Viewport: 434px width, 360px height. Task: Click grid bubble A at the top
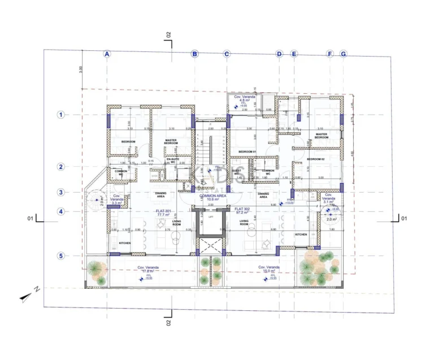click(106, 54)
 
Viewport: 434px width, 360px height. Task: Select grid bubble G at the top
click(343, 54)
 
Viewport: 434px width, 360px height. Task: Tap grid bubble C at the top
click(227, 54)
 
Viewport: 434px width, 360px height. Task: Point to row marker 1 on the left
click(60, 115)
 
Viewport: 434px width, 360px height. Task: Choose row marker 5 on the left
click(60, 256)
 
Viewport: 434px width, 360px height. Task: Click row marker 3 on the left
click(60, 192)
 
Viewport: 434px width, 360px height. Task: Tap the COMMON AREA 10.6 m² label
click(213, 197)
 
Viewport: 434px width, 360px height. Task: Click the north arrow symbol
click(28, 293)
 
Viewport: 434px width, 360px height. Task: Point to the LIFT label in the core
click(211, 216)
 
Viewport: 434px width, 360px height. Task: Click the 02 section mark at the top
click(168, 36)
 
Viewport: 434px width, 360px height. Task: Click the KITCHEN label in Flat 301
click(125, 243)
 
